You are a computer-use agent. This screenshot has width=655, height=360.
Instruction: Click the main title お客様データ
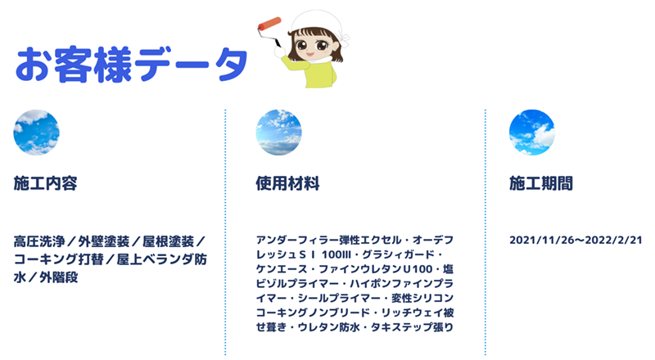(x=132, y=65)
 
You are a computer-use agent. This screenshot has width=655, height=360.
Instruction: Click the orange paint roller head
(x=269, y=24)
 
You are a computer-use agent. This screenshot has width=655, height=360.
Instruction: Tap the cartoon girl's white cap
(x=318, y=23)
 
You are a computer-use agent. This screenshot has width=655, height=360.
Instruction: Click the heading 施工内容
(x=46, y=183)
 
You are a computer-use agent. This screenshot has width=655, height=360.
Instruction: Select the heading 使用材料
(x=288, y=183)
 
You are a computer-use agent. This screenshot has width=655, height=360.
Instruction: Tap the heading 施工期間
(x=541, y=183)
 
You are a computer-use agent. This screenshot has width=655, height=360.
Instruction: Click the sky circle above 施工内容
(x=36, y=133)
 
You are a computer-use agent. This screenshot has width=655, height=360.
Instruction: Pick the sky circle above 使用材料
(x=278, y=133)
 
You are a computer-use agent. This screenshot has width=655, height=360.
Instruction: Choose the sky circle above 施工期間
(x=531, y=133)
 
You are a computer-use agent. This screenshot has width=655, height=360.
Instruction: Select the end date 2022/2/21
(x=613, y=241)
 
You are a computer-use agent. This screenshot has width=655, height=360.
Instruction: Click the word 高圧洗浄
(x=39, y=241)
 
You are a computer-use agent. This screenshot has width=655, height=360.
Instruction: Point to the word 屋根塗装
(x=169, y=241)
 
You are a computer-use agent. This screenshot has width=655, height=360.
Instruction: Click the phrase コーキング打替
(x=58, y=259)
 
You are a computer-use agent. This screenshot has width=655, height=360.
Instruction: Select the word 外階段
(x=58, y=277)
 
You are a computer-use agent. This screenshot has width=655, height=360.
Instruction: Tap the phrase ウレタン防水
(x=329, y=327)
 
